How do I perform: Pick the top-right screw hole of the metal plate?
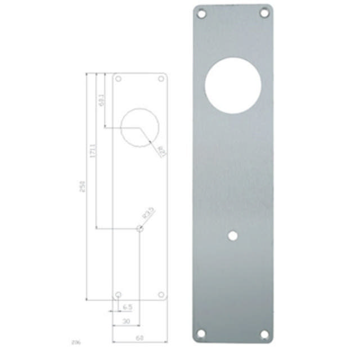pos(263,12)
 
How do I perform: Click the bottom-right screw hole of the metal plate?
pos(264,334)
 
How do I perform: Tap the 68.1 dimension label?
pos(102,100)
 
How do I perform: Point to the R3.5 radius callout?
pos(148,214)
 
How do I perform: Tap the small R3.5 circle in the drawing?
pos(139,228)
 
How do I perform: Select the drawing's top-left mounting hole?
pos(118,79)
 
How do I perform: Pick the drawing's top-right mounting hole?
pos(161,79)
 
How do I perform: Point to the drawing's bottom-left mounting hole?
pos(118,295)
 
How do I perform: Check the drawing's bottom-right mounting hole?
pos(161,295)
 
